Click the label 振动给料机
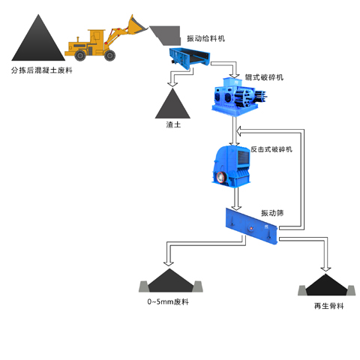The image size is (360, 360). pos(207,38)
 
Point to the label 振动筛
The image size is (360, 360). pos(271,213)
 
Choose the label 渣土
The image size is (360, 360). pos(172,124)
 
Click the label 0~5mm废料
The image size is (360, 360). pos(168,301)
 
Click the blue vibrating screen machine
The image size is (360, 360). pos(252,225)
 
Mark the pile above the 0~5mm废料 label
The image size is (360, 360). pos(171,280)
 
